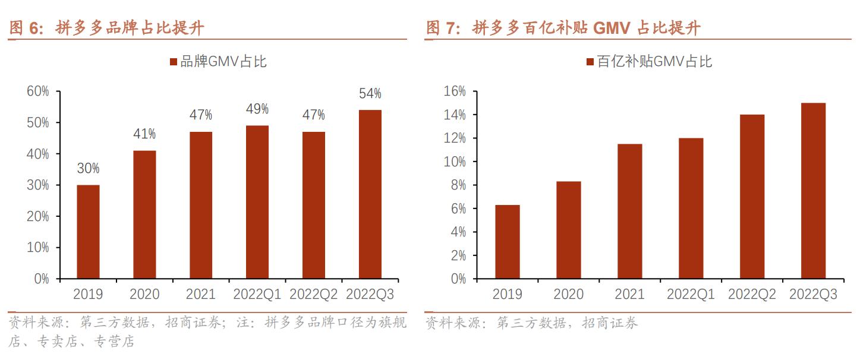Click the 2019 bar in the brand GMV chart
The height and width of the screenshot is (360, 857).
(x=88, y=232)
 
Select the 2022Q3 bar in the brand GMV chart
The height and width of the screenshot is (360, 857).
(x=370, y=194)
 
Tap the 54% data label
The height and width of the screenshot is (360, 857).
(x=370, y=94)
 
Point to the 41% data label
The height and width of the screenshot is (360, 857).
(x=144, y=134)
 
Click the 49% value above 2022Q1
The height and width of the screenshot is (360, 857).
(x=257, y=109)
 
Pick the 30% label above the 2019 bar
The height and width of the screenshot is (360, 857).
(x=88, y=169)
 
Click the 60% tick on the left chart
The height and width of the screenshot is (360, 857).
(x=37, y=91)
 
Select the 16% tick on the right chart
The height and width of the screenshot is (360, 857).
(x=454, y=91)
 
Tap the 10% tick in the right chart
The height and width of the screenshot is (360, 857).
(x=454, y=162)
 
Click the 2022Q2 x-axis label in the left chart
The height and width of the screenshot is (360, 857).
(x=313, y=295)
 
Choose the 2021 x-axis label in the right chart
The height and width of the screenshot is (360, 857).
(x=629, y=295)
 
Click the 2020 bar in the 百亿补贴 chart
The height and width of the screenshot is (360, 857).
(x=569, y=230)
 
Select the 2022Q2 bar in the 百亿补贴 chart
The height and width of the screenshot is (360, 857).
(x=752, y=197)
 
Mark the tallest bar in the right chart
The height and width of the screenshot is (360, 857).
(x=813, y=191)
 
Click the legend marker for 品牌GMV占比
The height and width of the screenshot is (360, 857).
(x=174, y=62)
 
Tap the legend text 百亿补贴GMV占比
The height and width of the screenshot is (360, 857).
(x=654, y=62)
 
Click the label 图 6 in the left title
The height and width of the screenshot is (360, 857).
(x=27, y=28)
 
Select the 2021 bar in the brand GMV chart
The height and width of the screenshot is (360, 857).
(x=201, y=205)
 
